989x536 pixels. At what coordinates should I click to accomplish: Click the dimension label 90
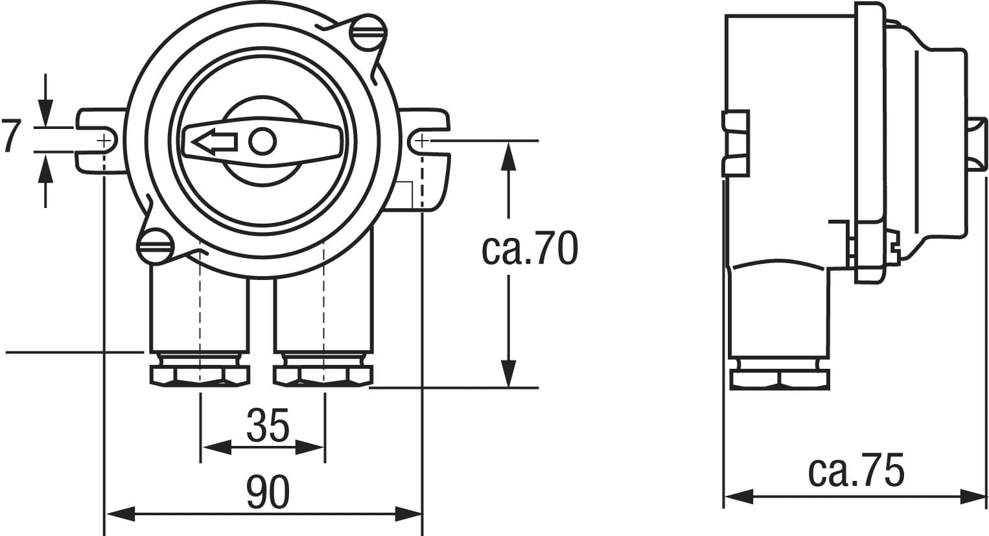268,492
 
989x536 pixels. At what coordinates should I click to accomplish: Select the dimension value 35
268,425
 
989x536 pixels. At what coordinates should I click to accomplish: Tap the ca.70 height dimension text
529,249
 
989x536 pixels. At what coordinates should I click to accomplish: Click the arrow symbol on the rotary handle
215,142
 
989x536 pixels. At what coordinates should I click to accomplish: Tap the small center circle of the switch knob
262,141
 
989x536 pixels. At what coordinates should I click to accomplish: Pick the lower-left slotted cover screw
156,246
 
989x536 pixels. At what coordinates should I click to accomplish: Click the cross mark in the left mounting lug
104,142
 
